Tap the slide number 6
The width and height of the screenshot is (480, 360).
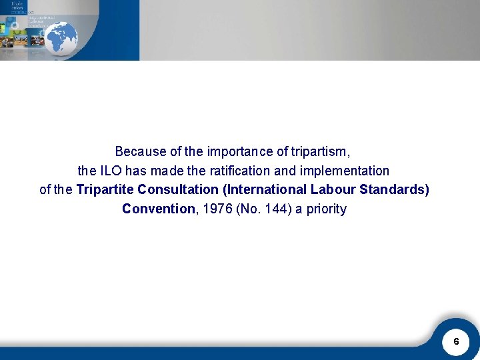[456, 341]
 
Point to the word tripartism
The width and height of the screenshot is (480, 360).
[321, 151]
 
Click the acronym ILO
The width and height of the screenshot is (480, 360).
[111, 171]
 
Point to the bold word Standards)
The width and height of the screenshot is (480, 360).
[395, 189]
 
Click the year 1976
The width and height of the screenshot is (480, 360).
[217, 209]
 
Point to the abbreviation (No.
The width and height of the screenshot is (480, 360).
[249, 209]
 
